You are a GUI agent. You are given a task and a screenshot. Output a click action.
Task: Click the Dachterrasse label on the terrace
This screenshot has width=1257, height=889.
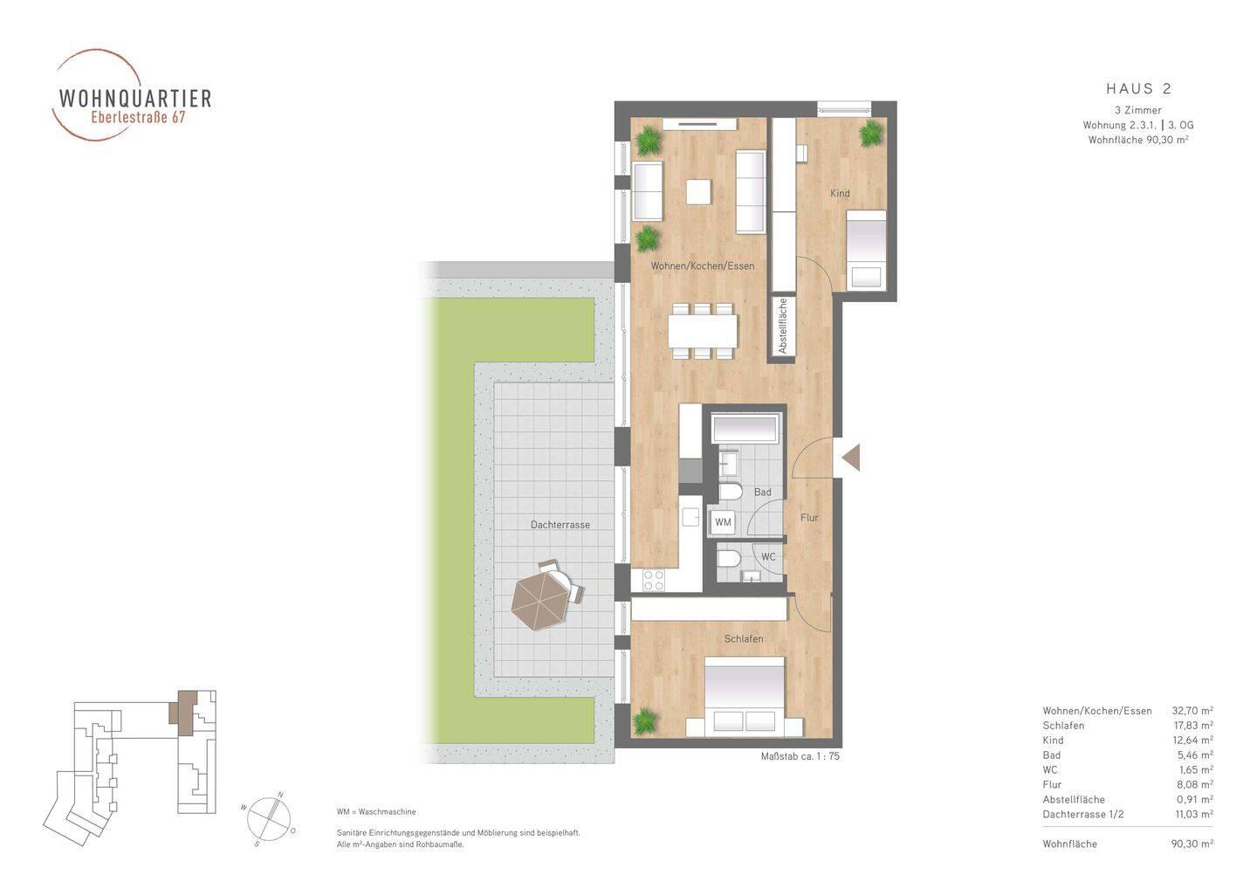point(560,525)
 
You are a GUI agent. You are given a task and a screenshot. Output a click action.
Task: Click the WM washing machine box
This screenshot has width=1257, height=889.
point(724,522)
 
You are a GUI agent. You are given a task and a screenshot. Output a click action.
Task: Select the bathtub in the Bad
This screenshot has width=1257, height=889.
point(745,429)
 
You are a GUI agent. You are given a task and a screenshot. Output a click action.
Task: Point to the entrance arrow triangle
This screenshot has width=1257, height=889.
point(851,457)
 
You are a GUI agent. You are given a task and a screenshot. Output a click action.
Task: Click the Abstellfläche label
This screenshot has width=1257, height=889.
point(782,326)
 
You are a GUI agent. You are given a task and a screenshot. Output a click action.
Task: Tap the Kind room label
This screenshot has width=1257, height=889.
point(840,193)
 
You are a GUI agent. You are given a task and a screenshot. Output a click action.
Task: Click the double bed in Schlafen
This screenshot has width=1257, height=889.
point(744,697)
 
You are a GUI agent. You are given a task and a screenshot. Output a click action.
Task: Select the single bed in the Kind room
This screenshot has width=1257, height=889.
point(866,251)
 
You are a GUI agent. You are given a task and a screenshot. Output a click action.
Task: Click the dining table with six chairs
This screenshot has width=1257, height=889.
point(703,331)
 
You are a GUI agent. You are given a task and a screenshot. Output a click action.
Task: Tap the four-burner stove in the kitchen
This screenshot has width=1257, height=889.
point(653,581)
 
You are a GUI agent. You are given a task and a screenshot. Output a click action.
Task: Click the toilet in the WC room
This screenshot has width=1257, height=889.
point(729,558)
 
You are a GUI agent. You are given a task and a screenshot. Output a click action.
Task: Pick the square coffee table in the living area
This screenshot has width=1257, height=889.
point(698,192)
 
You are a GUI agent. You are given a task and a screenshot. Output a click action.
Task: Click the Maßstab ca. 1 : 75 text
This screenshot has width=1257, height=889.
point(800,756)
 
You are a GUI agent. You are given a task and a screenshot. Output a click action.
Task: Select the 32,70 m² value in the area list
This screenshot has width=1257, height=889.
point(1192,711)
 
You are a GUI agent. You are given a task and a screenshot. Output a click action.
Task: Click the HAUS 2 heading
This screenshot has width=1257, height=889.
point(1138,89)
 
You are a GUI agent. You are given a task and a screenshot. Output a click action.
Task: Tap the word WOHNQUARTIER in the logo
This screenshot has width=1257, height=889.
point(135,98)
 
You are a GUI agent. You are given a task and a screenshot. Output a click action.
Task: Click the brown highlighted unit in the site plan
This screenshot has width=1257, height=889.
point(183,712)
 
